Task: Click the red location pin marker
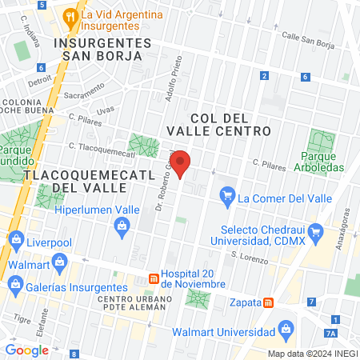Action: coord(182,163)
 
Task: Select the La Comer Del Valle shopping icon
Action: coord(227,195)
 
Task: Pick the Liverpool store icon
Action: coord(16,239)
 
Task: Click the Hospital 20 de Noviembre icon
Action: coord(152,278)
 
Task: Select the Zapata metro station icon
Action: coord(270,302)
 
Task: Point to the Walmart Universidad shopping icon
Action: coord(285,329)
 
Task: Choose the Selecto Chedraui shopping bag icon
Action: coord(316,234)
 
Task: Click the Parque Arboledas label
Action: coord(323,161)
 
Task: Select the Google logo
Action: coord(26,350)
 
